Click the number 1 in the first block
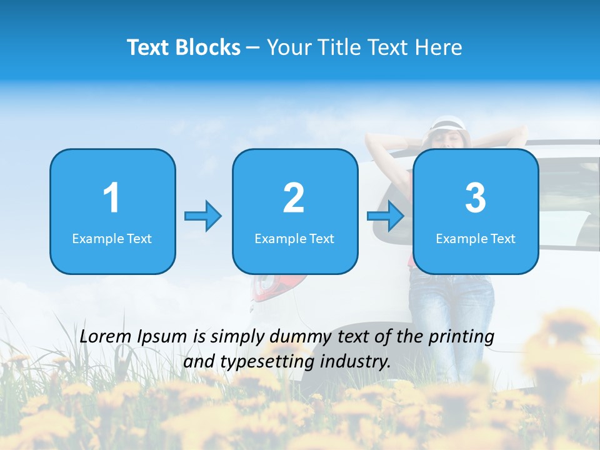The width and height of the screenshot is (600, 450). (111, 199)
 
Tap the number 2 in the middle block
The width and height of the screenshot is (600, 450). (294, 199)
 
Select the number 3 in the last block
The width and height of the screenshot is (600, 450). (476, 199)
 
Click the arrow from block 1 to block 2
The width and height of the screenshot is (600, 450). (203, 216)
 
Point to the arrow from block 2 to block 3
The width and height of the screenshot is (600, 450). (386, 216)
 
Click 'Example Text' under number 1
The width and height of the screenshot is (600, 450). (112, 238)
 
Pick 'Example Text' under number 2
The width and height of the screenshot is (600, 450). (294, 238)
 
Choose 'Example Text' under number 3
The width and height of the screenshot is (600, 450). (476, 238)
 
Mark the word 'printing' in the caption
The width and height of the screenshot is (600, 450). (461, 336)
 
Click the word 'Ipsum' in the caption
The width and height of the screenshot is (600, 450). (164, 336)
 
